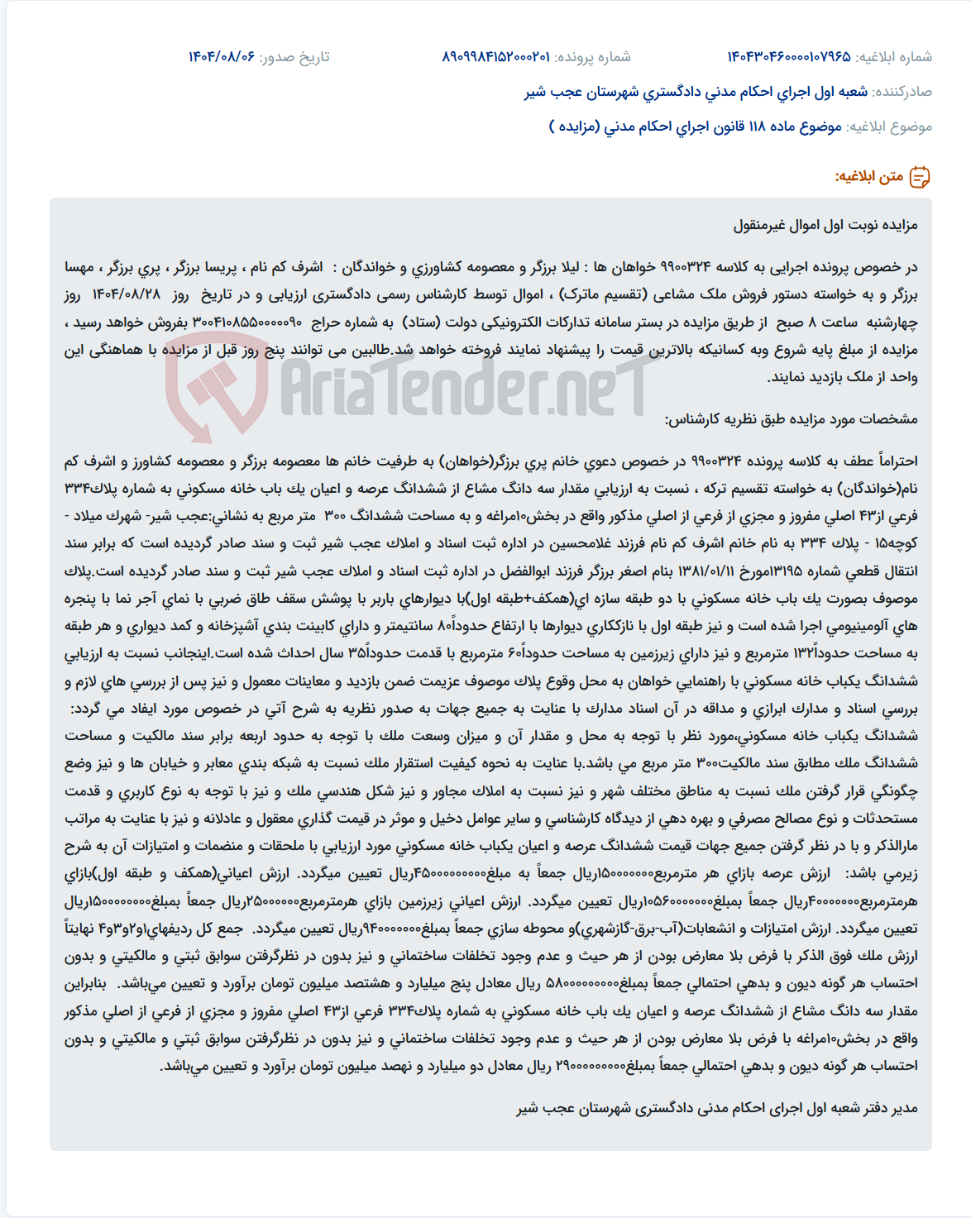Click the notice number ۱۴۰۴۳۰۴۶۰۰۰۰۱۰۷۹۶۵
pos(788,56)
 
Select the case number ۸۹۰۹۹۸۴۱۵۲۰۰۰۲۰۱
pos(495,56)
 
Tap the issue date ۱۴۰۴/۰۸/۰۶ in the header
pos(222,56)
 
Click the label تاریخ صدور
pos(294,56)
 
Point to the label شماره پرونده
pos(592,56)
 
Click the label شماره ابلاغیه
pos(894,56)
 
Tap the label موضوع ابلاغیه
pos(889,127)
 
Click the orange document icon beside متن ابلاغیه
pos(920,177)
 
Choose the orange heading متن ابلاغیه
pos(868,177)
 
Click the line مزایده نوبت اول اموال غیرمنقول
pos(825,225)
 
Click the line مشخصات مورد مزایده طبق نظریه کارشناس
pos(791,419)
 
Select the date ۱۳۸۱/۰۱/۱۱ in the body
pos(715,571)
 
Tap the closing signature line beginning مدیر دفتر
pos(717,1108)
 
